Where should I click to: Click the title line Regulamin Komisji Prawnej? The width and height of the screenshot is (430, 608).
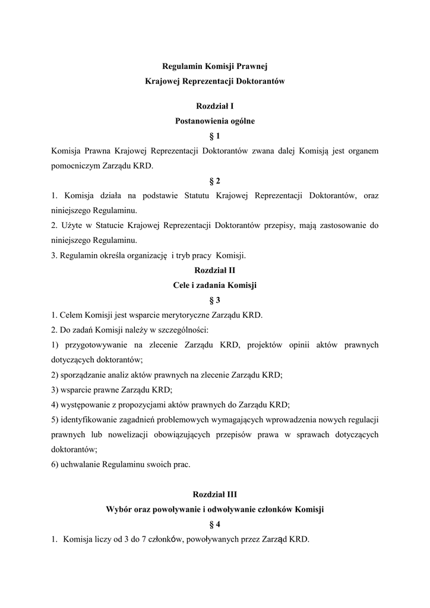pyautogui.click(x=215, y=66)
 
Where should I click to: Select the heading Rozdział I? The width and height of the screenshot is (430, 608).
pyautogui.click(x=215, y=106)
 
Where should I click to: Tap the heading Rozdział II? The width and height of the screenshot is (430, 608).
pyautogui.click(x=215, y=270)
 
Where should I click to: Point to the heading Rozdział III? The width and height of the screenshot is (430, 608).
pyautogui.click(x=215, y=494)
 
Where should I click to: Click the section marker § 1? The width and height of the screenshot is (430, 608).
pyautogui.click(x=215, y=136)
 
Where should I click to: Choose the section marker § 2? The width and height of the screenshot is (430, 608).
pyautogui.click(x=215, y=180)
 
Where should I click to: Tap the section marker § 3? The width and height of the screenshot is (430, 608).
pyautogui.click(x=215, y=300)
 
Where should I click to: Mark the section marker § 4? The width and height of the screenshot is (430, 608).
pyautogui.click(x=215, y=524)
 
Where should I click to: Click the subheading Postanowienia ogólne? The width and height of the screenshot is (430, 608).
pyautogui.click(x=215, y=121)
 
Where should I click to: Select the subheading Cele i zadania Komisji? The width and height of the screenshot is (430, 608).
pyautogui.click(x=215, y=285)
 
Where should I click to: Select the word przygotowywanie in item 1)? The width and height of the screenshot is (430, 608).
pyautogui.click(x=88, y=345)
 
